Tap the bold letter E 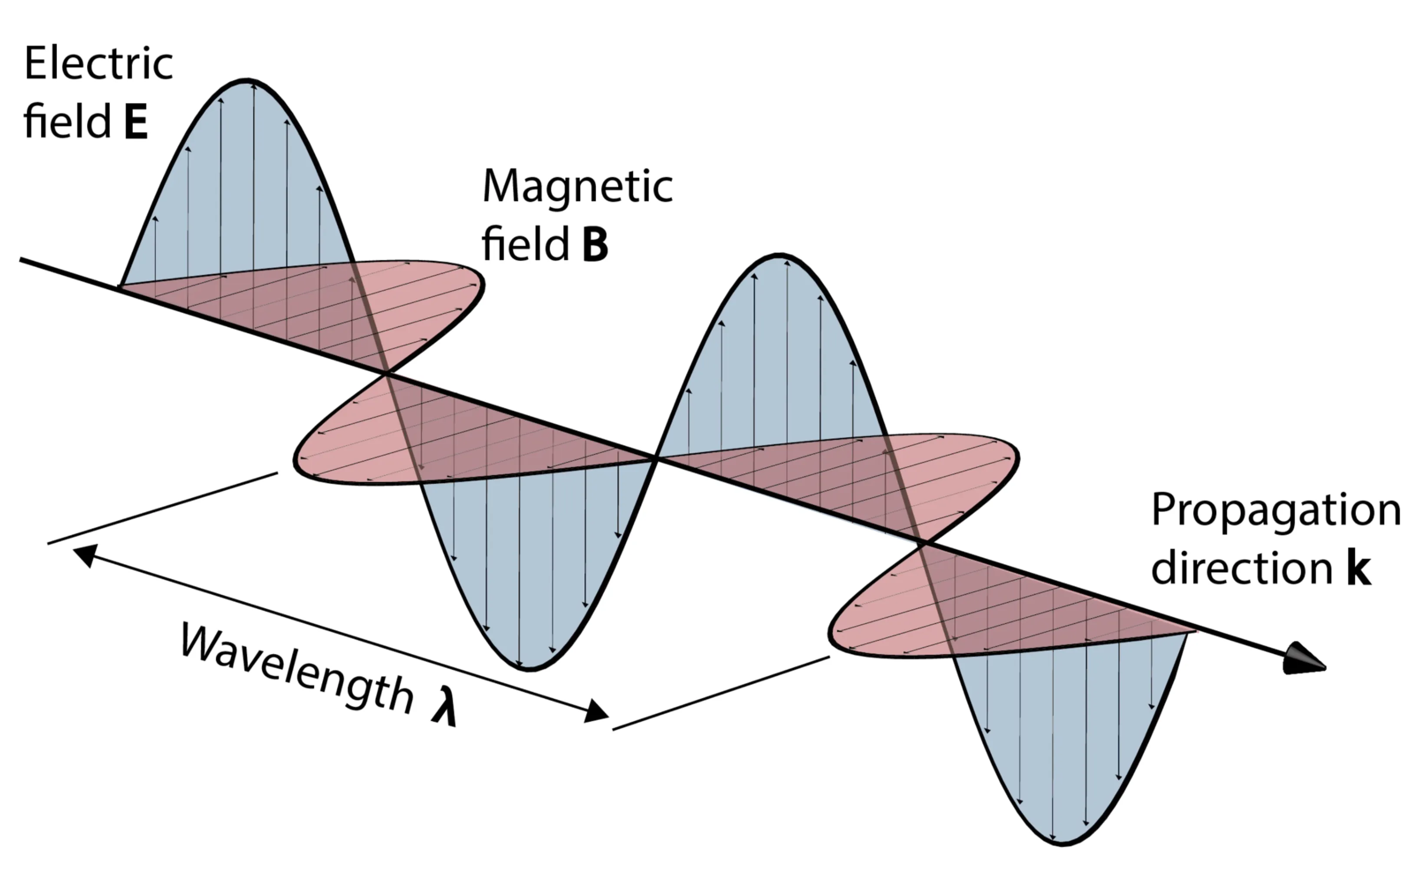click(x=135, y=122)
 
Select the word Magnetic click(x=577, y=186)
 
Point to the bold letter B click(x=595, y=245)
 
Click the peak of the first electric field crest click(x=247, y=80)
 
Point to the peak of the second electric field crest click(x=779, y=255)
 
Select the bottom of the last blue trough click(x=1062, y=843)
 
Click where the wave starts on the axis click(x=121, y=287)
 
